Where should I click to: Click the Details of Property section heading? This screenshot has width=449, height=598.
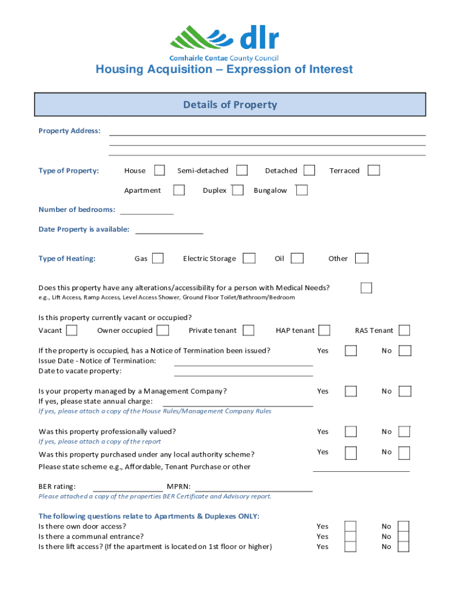(x=230, y=105)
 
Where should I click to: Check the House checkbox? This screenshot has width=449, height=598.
(x=159, y=170)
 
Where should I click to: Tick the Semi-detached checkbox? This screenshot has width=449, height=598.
(x=242, y=170)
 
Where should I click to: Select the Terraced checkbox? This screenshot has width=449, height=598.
(x=374, y=170)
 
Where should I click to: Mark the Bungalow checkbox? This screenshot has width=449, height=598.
(x=301, y=190)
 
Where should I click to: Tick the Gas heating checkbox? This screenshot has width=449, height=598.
(x=157, y=258)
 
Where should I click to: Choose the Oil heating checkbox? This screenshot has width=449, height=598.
(x=297, y=258)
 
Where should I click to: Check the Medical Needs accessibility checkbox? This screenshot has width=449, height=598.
(x=366, y=287)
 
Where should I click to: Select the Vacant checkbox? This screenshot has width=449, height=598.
(x=72, y=331)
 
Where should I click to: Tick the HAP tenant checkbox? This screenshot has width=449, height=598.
(x=324, y=331)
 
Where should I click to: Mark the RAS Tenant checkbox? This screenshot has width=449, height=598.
(x=404, y=331)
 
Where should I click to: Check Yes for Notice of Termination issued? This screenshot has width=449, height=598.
(x=351, y=350)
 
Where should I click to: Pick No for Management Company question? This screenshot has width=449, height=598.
(x=405, y=391)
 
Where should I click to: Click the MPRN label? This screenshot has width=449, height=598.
(x=179, y=486)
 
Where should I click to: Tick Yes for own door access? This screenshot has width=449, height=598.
(x=350, y=526)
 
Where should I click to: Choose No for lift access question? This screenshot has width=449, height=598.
(x=404, y=547)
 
